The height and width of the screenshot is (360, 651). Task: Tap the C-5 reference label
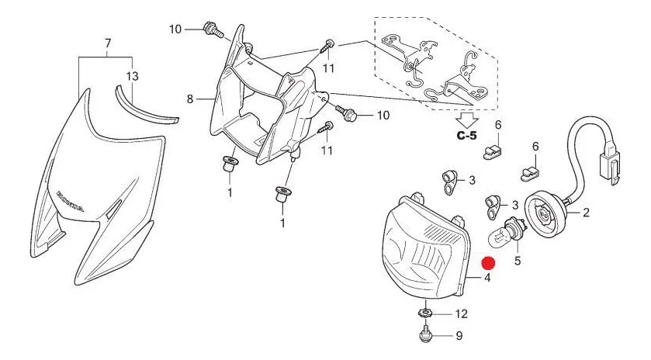tap(467, 136)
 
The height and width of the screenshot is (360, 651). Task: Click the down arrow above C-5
tap(466, 119)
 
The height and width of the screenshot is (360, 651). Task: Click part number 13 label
tap(132, 76)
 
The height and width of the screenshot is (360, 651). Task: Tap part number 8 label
tap(189, 99)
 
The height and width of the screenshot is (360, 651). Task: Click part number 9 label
tap(459, 336)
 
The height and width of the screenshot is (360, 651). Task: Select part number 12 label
tap(462, 314)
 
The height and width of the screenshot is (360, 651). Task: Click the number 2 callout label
tap(586, 211)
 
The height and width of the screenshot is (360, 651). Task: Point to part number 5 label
tap(517, 261)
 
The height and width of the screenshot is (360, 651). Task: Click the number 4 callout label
tap(487, 278)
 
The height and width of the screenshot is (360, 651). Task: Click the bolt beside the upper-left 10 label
tap(208, 29)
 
